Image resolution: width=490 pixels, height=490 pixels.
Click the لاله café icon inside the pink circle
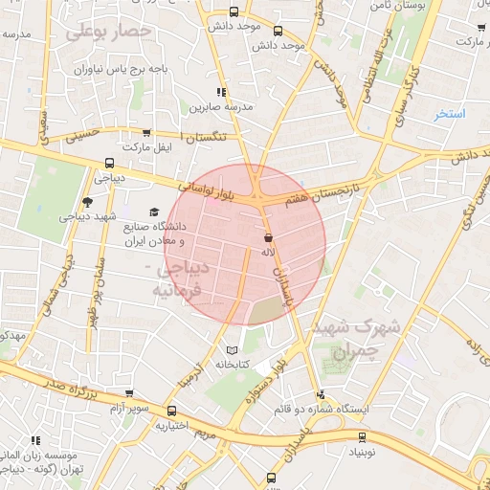tap(268, 235)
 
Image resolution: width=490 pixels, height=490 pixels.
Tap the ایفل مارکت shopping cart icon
tap(145, 134)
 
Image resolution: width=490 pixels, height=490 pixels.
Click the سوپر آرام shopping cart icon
tap(129, 392)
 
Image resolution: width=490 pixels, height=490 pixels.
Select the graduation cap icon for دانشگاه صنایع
tap(153, 212)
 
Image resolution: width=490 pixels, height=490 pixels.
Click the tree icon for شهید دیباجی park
tap(88, 201)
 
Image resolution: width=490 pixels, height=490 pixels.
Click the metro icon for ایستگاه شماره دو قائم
tap(321, 393)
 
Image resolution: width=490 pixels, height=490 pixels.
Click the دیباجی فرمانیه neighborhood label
tap(175, 278)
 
